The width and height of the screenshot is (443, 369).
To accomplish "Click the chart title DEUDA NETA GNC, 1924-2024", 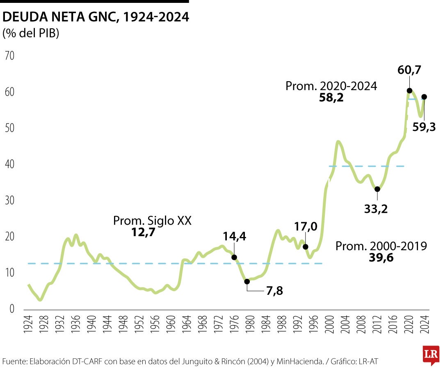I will [x=96, y=17].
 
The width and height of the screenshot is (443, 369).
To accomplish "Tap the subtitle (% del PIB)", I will [x=31, y=34].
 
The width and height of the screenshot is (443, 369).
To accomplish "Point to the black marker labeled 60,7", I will [x=409, y=91].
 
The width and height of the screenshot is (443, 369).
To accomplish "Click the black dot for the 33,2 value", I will [x=377, y=189].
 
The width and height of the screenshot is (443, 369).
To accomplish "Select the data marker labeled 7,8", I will [x=247, y=281].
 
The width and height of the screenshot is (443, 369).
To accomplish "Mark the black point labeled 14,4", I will [x=234, y=257].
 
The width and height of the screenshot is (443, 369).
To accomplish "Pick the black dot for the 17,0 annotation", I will [x=305, y=246].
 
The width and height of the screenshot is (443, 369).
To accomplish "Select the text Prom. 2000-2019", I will [x=381, y=246].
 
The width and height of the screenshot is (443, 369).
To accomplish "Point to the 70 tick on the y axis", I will [x=9, y=55].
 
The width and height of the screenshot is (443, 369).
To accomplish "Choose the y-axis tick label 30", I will [x=9, y=200].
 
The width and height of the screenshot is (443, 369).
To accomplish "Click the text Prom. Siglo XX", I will [x=152, y=221].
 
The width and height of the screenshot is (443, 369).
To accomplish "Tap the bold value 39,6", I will [x=381, y=257].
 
